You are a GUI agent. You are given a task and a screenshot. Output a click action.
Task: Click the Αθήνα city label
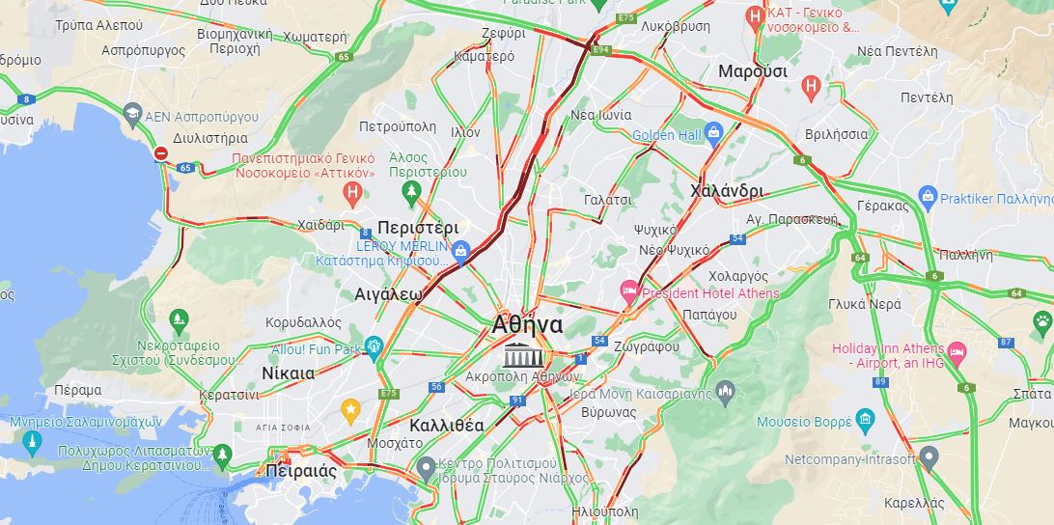(x=527, y=324)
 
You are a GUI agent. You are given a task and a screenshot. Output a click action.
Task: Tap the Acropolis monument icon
(x=523, y=353)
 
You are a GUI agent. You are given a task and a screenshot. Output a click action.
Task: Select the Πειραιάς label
(x=300, y=472)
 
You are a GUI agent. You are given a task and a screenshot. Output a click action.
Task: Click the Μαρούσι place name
(x=752, y=71)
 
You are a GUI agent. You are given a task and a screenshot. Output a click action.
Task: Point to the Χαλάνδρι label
(x=727, y=191)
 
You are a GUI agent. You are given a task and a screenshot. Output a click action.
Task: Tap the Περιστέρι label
(x=418, y=229)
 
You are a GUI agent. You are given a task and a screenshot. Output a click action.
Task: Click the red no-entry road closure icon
(x=161, y=153)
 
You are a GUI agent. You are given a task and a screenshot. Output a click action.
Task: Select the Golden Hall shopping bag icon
(x=714, y=132)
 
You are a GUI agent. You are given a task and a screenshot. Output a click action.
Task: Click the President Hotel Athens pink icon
(x=629, y=290)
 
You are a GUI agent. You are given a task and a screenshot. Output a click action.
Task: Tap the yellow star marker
(x=350, y=409)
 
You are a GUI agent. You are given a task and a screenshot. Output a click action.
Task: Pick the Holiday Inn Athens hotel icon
(x=957, y=350)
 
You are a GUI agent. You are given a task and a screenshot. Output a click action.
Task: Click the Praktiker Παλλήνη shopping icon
(x=928, y=197)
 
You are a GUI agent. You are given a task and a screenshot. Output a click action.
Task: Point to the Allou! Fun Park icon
(x=374, y=347)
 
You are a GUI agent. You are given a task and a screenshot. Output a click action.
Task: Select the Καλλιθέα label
(x=447, y=425)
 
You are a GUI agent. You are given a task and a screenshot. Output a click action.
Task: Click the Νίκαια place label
(x=288, y=373)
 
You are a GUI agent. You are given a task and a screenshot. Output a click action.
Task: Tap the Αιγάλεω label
(x=388, y=293)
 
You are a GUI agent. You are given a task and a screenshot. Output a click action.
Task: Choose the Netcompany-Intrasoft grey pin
(x=929, y=457)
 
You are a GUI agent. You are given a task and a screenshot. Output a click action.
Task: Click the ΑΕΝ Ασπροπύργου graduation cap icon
(x=130, y=116)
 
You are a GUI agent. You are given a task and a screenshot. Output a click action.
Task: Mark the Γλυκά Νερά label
(x=864, y=303)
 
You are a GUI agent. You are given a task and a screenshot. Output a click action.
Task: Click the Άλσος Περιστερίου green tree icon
(x=411, y=190)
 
